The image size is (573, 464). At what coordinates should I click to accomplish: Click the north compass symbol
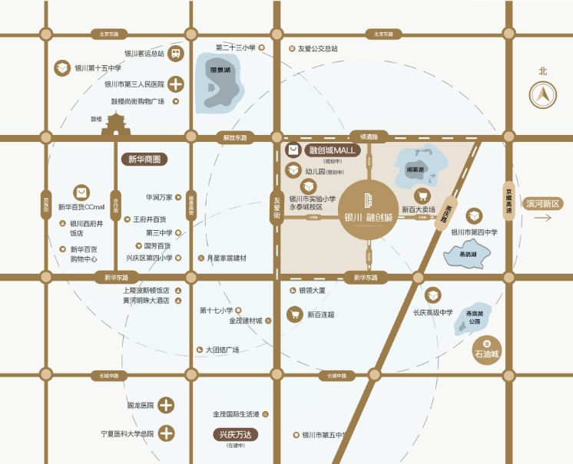click(543, 95)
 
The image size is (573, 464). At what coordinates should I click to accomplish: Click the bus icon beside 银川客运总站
click(176, 54)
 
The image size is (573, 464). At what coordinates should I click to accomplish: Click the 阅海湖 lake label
click(415, 169)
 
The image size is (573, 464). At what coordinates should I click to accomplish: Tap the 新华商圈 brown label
click(146, 160)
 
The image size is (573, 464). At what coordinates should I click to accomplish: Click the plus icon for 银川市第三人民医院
click(176, 84)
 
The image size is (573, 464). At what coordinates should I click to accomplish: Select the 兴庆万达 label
click(235, 435)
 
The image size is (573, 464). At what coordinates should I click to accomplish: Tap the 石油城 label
click(485, 355)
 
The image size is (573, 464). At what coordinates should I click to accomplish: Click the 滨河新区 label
click(544, 204)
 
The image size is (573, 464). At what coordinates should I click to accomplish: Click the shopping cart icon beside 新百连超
click(293, 314)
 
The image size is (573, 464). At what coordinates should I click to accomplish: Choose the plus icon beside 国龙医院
click(166, 405)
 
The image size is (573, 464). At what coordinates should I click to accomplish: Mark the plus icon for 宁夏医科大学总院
click(166, 433)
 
